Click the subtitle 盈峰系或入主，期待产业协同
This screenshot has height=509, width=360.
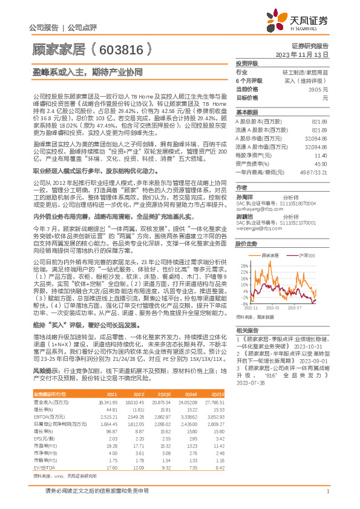point(88,71)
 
